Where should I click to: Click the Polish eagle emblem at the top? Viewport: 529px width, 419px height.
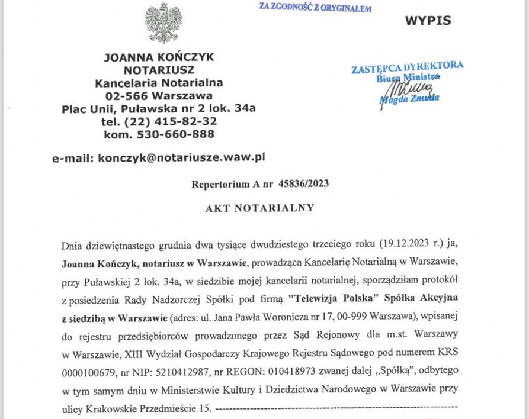click(163, 22)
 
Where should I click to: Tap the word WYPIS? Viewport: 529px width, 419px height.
click(428, 21)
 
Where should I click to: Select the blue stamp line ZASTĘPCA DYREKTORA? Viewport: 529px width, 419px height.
click(407, 67)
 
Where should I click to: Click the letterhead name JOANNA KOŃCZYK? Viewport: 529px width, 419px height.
click(159, 57)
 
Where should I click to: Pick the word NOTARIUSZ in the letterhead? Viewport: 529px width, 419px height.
click(159, 70)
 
